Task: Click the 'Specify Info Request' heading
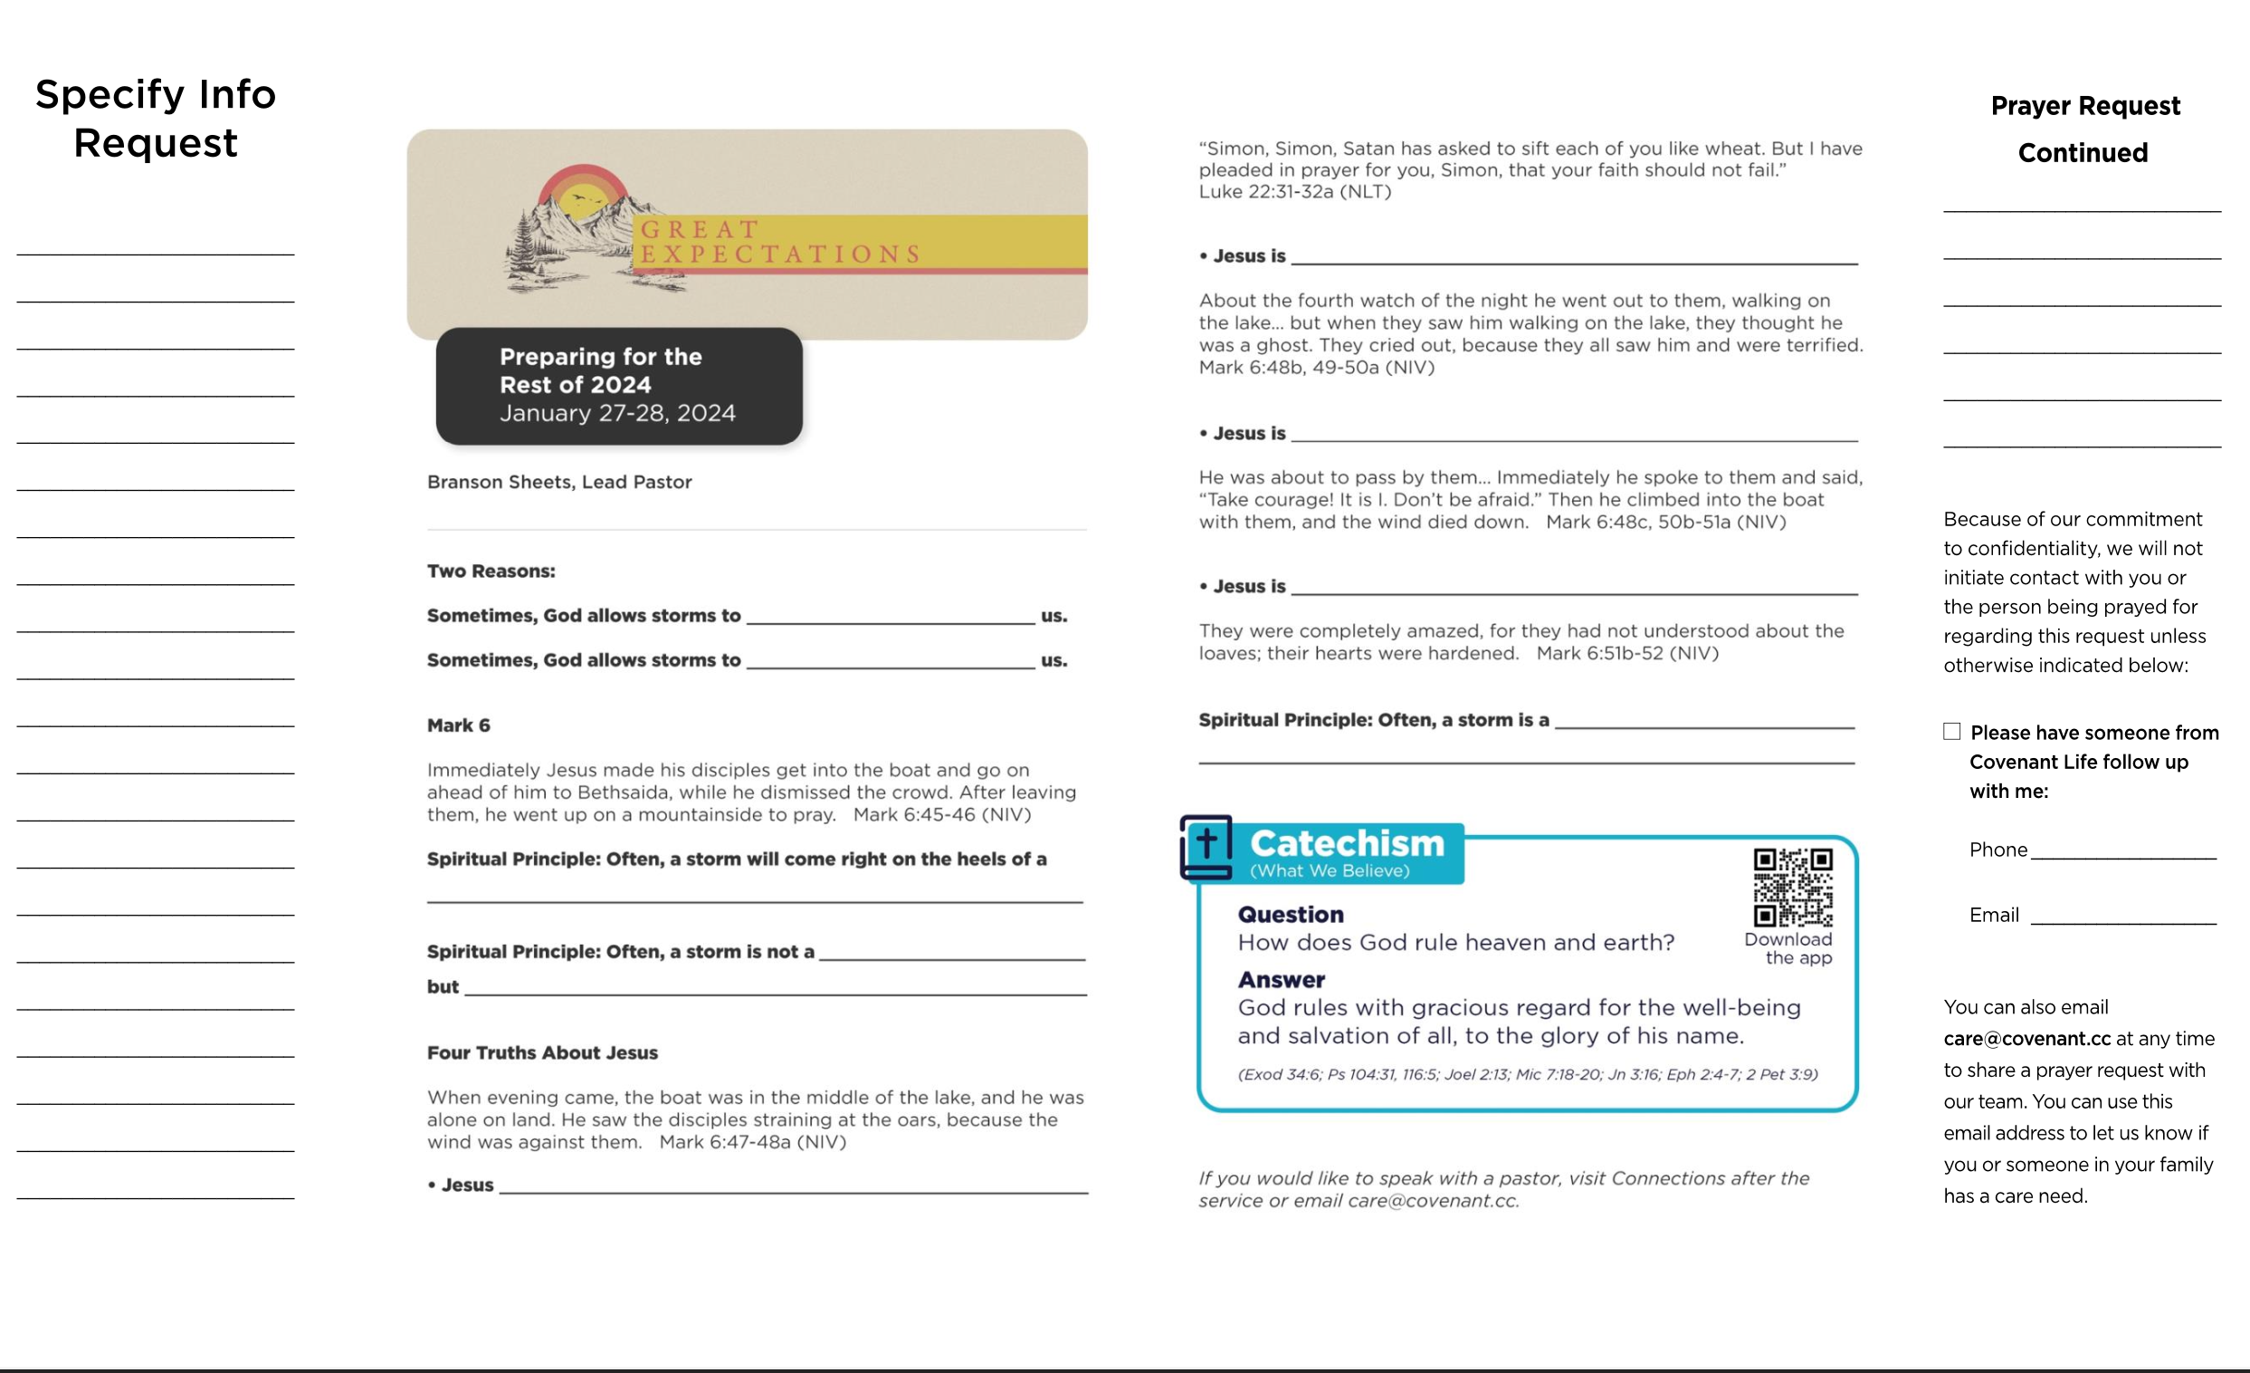pyautogui.click(x=156, y=119)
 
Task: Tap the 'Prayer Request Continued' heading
pyautogui.click(x=2083, y=129)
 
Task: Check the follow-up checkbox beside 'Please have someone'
pyautogui.click(x=1951, y=731)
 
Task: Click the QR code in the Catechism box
pyautogui.click(x=1792, y=886)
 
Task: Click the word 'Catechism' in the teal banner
pyautogui.click(x=1347, y=843)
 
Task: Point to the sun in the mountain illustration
pyautogui.click(x=584, y=198)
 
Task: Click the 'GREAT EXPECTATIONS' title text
pyautogui.click(x=780, y=241)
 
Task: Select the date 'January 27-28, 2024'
pyautogui.click(x=617, y=413)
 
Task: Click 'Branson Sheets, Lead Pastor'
pyautogui.click(x=558, y=482)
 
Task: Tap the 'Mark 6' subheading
pyautogui.click(x=458, y=725)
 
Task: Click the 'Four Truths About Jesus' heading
pyautogui.click(x=542, y=1052)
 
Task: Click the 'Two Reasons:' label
pyautogui.click(x=491, y=571)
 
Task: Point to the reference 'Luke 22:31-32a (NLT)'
pyautogui.click(x=1295, y=192)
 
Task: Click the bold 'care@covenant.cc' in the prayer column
pyautogui.click(x=2026, y=1039)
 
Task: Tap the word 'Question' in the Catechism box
pyautogui.click(x=1291, y=915)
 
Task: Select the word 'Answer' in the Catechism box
pyautogui.click(x=1282, y=979)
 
